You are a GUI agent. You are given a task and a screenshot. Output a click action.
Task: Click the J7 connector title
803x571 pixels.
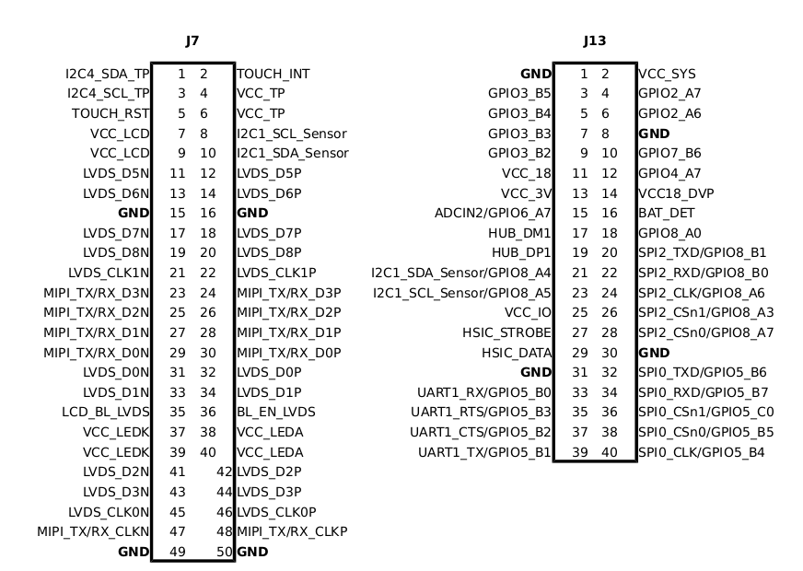(x=192, y=41)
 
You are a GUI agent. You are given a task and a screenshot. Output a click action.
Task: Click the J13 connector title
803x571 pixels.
(x=594, y=41)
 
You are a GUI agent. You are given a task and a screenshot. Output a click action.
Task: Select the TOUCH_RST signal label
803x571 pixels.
(x=111, y=113)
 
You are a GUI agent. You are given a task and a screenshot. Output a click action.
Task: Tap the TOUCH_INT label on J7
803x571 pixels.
(x=273, y=74)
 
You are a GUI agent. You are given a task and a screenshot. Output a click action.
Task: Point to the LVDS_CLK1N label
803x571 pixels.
(x=109, y=273)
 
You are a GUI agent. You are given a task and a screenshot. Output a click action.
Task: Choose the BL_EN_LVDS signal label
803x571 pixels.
(x=276, y=412)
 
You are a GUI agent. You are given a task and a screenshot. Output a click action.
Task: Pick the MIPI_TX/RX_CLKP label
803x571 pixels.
(x=292, y=531)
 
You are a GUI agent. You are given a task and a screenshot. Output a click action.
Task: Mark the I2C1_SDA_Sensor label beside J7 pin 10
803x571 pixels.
(x=293, y=153)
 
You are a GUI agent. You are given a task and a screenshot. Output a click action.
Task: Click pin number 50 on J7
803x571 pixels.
(x=225, y=552)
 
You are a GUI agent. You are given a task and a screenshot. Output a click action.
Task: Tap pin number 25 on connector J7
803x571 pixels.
(x=178, y=312)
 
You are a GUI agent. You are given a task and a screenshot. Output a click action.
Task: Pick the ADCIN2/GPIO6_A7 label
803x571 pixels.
(x=493, y=213)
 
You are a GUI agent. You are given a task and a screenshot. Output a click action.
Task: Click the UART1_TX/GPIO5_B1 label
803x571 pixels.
(x=484, y=451)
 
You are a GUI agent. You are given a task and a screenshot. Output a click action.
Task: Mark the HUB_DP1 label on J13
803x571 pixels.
(x=520, y=252)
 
